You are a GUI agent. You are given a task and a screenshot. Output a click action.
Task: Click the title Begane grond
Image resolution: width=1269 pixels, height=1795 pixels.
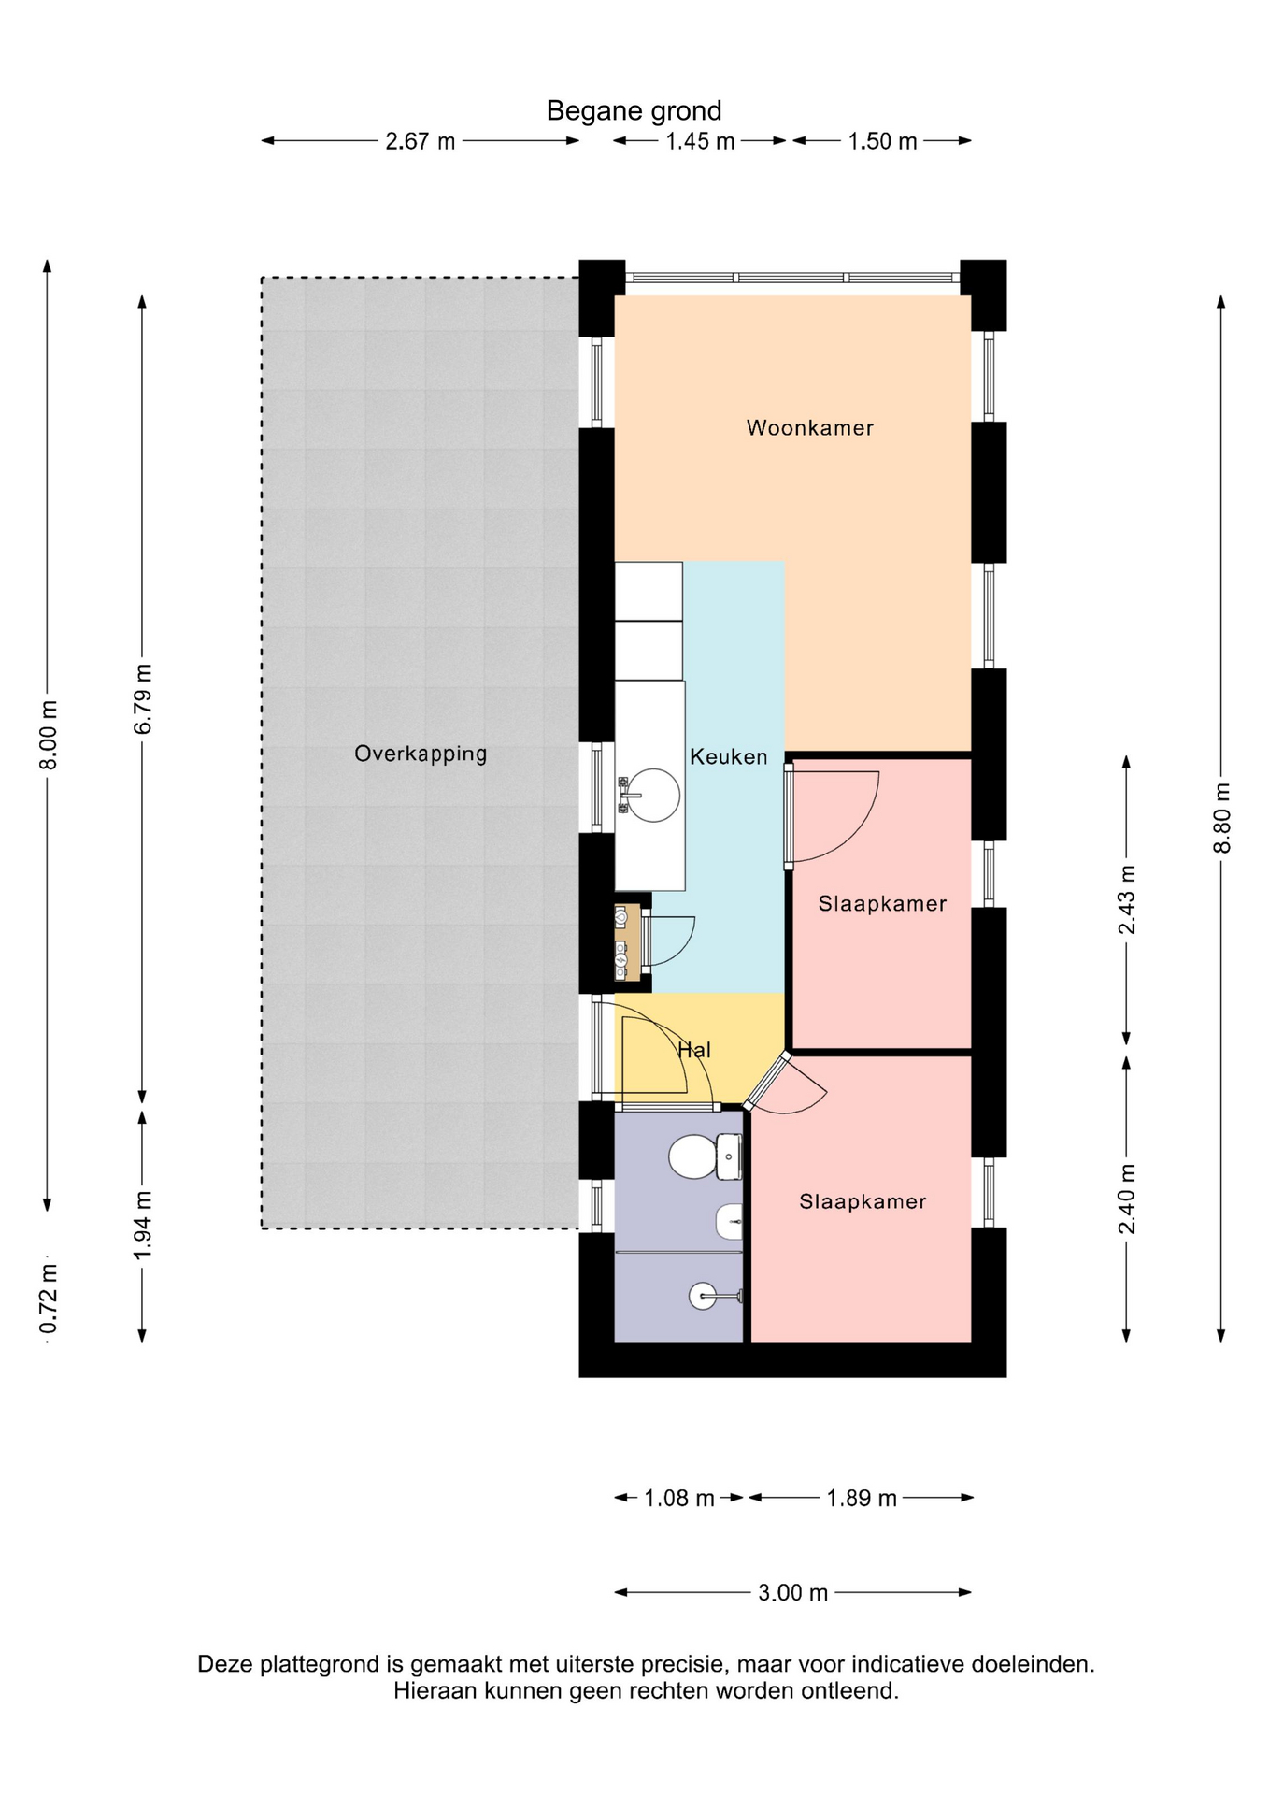[634, 111]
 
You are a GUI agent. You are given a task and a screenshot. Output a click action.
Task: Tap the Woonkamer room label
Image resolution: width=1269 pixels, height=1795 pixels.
[809, 428]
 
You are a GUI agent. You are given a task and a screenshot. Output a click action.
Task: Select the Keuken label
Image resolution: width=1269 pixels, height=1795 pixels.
[728, 757]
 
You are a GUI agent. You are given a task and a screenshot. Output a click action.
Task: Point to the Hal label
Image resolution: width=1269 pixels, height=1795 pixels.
[694, 1050]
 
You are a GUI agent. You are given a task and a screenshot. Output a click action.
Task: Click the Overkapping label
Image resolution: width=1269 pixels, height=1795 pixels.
[421, 754]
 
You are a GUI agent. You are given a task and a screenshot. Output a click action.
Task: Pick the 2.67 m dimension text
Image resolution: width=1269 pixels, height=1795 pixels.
[421, 141]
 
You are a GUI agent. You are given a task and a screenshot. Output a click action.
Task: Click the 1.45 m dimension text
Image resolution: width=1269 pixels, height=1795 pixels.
[700, 141]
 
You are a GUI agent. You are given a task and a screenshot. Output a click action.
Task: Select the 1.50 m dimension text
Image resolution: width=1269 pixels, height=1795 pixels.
[882, 141]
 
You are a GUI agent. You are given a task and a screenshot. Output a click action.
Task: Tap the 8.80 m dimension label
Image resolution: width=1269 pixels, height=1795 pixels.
[1221, 818]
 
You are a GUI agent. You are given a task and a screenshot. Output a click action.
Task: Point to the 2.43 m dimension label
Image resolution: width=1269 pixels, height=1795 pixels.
[1127, 899]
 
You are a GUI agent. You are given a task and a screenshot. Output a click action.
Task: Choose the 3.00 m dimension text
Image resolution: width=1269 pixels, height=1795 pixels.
[792, 1592]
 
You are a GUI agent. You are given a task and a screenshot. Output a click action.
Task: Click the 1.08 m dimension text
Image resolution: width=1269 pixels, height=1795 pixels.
[679, 1499]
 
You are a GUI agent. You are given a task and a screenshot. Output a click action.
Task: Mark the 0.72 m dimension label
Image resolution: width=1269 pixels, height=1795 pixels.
[49, 1299]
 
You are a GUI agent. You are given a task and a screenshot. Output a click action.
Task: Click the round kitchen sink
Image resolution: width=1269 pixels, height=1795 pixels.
[653, 795]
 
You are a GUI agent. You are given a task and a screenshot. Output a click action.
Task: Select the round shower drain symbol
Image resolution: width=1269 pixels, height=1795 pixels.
[703, 1296]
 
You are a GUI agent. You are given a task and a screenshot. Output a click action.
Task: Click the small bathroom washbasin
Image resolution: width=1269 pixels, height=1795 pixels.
[730, 1221]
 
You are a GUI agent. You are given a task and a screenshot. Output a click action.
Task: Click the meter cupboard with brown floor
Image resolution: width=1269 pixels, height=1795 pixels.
[627, 942]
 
